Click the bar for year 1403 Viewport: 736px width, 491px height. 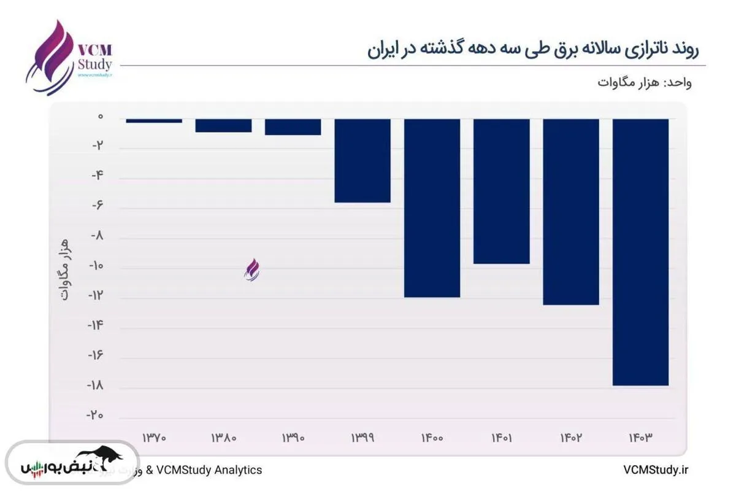[640, 252]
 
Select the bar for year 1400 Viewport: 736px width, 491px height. [432, 208]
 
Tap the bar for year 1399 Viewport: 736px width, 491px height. [362, 161]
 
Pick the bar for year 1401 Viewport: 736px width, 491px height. [501, 191]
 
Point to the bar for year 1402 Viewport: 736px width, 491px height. [571, 212]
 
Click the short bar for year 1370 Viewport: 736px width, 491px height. [154, 121]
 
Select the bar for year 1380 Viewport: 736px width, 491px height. [223, 125]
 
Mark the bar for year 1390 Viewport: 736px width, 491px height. [293, 127]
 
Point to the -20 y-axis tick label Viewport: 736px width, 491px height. [94, 416]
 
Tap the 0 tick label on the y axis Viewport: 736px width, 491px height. [99, 117]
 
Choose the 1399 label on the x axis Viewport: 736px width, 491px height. [362, 438]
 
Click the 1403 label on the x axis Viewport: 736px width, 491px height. [640, 438]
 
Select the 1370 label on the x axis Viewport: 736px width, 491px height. [154, 438]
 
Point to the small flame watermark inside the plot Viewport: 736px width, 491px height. [252, 269]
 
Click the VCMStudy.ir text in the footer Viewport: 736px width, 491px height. [656, 470]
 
